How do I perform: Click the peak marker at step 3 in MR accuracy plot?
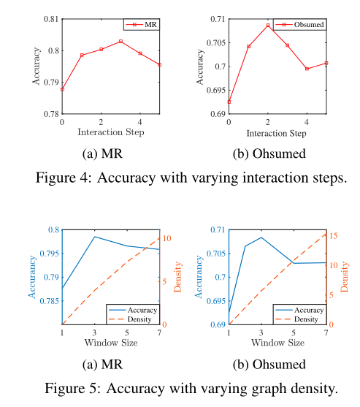tap(120, 42)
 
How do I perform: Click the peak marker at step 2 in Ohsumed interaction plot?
tap(268, 26)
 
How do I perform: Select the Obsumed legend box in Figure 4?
tap(300, 24)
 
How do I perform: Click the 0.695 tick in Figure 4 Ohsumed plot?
tap(215, 91)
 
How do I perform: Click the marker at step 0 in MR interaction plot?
tap(63, 89)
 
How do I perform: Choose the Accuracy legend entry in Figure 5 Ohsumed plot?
tap(299, 310)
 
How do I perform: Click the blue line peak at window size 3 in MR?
tap(95, 237)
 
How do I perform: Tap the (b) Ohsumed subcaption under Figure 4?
tap(277, 154)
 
